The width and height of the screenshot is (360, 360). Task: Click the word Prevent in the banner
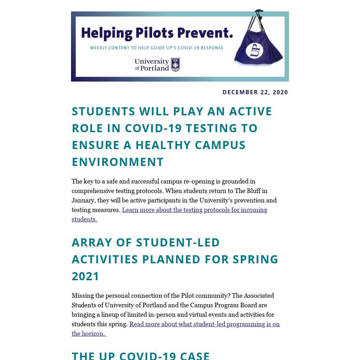(205, 33)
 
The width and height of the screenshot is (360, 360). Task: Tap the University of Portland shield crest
(175, 65)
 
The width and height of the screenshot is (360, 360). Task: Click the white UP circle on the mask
(255, 51)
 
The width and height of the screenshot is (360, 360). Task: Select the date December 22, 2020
(255, 92)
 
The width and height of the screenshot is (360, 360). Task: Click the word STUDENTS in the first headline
(103, 111)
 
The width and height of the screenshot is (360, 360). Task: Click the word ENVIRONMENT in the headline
(118, 162)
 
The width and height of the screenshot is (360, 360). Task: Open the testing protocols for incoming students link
(194, 210)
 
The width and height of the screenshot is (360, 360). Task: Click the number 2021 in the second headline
(86, 276)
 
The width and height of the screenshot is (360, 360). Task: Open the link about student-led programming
(204, 324)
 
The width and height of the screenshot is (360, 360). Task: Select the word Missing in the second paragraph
(83, 296)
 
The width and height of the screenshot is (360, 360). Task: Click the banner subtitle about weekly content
(156, 48)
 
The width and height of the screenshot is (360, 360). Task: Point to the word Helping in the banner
(107, 33)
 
